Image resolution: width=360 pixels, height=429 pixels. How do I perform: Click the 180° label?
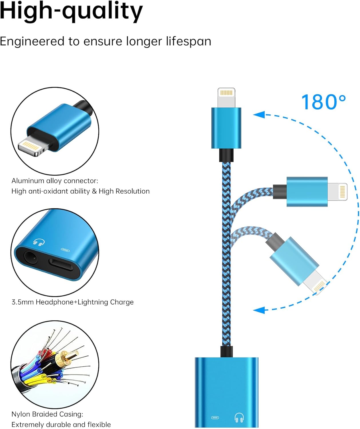click(323, 102)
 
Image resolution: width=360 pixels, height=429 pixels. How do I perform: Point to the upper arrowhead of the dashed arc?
click(259, 115)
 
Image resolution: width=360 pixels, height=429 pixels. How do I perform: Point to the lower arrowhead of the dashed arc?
click(259, 310)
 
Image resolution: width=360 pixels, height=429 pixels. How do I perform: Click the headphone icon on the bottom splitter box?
click(239, 418)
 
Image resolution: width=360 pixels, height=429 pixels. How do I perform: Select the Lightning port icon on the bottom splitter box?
click(215, 418)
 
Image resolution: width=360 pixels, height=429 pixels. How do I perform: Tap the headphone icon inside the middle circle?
click(38, 242)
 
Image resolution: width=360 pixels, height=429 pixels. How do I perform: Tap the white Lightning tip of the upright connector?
click(226, 98)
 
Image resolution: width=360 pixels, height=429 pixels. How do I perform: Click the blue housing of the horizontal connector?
click(307, 192)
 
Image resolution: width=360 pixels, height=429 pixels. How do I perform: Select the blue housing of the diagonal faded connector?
click(294, 260)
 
